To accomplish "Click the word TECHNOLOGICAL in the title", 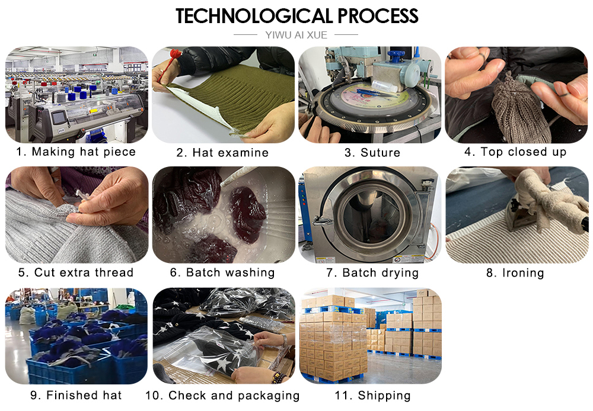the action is (254, 16).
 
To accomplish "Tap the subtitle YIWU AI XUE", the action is (296, 35).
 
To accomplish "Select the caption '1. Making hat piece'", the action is (76, 152).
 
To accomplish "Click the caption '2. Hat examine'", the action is (222, 153).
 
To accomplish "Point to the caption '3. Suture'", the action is (372, 153).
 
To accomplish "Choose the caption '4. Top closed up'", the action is (515, 152).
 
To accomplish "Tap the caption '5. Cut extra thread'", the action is (76, 272).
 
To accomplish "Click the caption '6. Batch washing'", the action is (222, 273).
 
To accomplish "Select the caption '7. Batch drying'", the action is (372, 273).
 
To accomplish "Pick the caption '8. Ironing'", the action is (515, 273).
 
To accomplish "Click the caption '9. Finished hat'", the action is (76, 395).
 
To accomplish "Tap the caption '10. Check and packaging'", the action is (222, 396).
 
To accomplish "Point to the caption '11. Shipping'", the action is (372, 396).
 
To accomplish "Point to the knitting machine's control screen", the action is (59, 117).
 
